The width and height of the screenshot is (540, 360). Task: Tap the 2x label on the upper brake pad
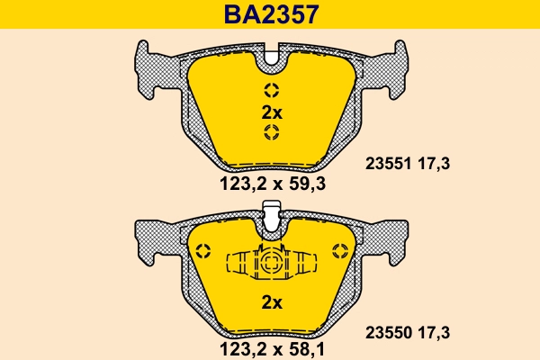tap(271, 112)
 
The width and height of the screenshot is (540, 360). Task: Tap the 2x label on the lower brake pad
tap(271, 301)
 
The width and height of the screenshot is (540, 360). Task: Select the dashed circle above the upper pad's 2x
tap(271, 90)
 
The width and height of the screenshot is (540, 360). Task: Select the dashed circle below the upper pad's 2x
tap(271, 134)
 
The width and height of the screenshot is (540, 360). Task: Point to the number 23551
tap(388, 164)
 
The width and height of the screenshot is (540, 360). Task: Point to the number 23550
tap(388, 331)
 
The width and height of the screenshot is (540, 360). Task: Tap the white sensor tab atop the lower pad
tap(271, 214)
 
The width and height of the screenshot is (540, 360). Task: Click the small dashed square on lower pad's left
tap(203, 249)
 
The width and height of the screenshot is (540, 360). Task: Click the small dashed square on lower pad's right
tap(339, 249)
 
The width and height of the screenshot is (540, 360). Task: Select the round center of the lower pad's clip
tap(271, 265)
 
